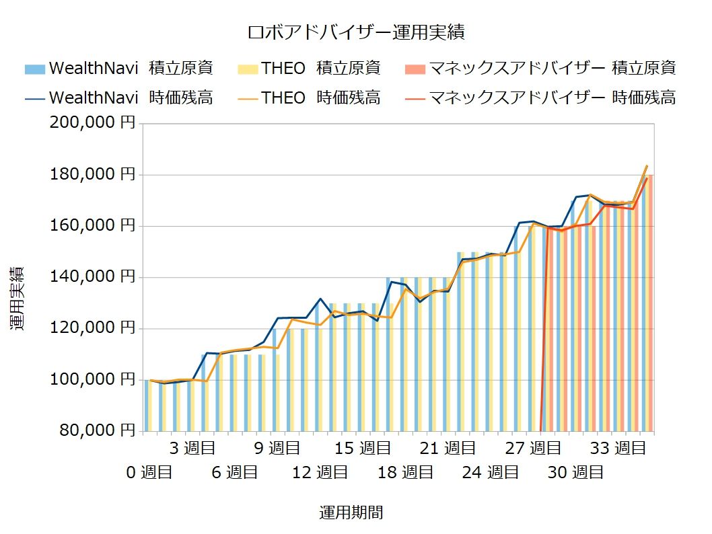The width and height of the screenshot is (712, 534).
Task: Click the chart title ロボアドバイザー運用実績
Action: [356, 32]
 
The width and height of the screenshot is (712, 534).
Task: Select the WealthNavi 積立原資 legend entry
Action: [118, 68]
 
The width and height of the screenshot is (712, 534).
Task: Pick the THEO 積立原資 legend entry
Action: [309, 68]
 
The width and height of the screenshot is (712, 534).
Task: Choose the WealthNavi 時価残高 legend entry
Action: [118, 98]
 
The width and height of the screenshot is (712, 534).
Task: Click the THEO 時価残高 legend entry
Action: [309, 98]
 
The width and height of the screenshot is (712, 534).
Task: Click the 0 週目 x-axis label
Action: [149, 473]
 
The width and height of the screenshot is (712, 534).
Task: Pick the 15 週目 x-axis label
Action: [362, 448]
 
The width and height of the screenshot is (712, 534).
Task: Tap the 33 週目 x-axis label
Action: [618, 448]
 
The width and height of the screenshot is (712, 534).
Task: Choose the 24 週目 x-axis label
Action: [490, 473]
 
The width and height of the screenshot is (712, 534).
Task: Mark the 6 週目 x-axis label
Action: [234, 473]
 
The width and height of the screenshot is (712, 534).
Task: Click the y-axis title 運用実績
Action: [18, 298]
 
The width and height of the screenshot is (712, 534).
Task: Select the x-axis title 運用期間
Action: [351, 513]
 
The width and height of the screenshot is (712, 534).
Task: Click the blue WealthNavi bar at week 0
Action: [146, 406]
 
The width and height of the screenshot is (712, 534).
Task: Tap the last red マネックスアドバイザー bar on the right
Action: [650, 303]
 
